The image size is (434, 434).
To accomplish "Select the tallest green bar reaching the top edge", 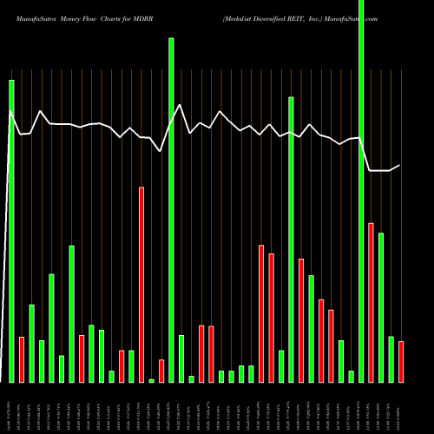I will click(361, 191).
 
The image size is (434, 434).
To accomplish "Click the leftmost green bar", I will click(11, 231).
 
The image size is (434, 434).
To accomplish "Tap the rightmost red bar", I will click(401, 362).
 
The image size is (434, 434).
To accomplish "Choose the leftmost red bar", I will click(22, 359).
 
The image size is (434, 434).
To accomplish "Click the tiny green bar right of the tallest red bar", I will click(151, 380).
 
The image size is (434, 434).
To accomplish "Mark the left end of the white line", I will click(9, 110).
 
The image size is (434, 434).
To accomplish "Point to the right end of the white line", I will click(399, 166).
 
